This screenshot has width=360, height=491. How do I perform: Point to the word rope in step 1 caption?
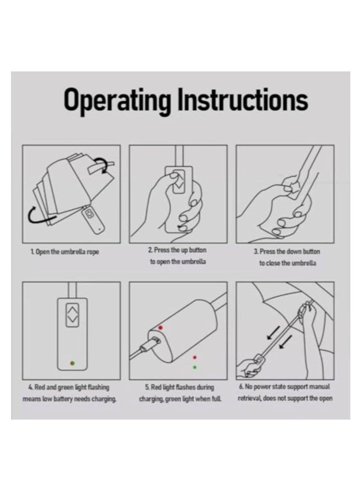92,252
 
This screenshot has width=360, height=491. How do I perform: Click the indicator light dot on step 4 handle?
72,362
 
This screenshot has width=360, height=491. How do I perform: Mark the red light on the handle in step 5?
160,328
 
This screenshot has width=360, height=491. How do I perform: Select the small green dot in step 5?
194,367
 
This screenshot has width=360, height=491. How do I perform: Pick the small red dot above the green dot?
194,357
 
